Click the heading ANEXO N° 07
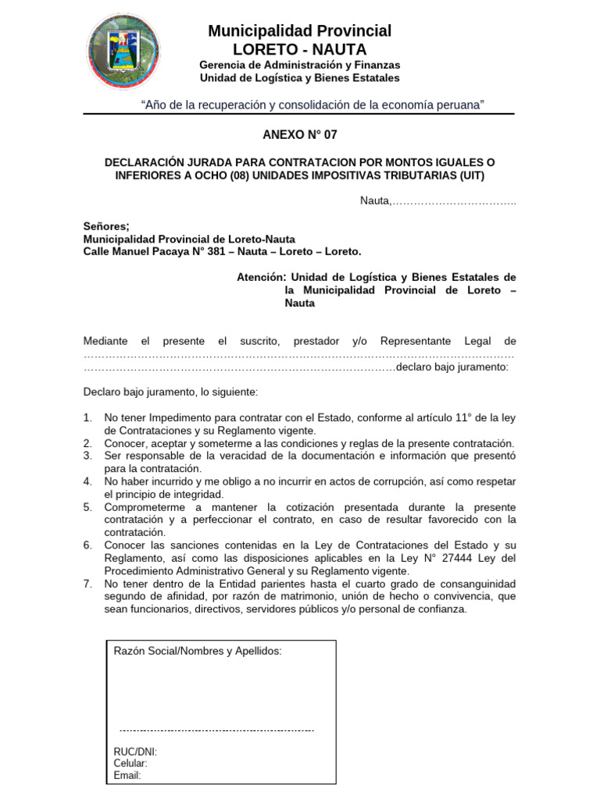click(300, 135)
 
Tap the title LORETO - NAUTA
click(300, 49)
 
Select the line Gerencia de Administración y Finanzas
click(300, 65)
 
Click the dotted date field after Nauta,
click(453, 201)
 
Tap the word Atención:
click(262, 277)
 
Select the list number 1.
click(88, 417)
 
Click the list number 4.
click(88, 481)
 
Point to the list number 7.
click(88, 584)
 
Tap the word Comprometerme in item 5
click(141, 507)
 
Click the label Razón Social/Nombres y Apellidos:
click(198, 651)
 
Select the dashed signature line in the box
click(216, 730)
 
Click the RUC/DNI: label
click(135, 751)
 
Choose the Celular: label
click(130, 763)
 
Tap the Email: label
click(127, 775)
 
